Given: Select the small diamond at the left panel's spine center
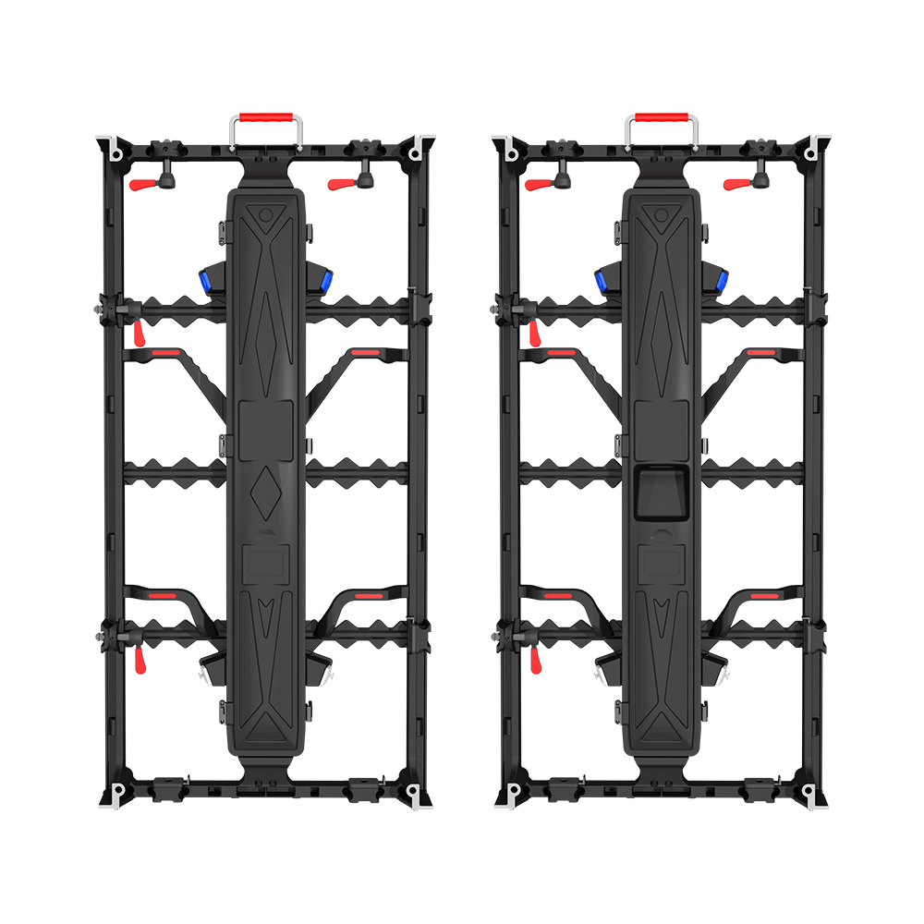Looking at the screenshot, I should [266, 483].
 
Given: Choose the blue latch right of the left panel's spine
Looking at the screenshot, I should [326, 280].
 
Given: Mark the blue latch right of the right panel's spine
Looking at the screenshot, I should [722, 280].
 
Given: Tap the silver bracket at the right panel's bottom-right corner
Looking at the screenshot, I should [811, 795].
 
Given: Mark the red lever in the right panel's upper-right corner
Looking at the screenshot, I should [736, 184].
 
